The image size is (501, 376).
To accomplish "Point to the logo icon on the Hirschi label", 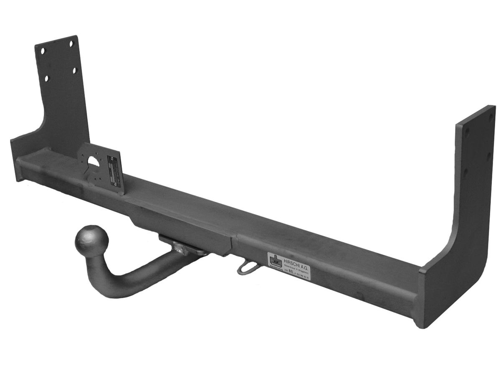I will click(274, 261).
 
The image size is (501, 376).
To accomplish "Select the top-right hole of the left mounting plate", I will click(71, 43).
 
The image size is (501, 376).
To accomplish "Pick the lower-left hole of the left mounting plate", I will click(46, 78).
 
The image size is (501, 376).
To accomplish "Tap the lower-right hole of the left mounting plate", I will click(75, 71).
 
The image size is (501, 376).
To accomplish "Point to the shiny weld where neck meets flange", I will click(181, 248).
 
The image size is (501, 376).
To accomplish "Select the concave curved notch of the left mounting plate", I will click(40, 125).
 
